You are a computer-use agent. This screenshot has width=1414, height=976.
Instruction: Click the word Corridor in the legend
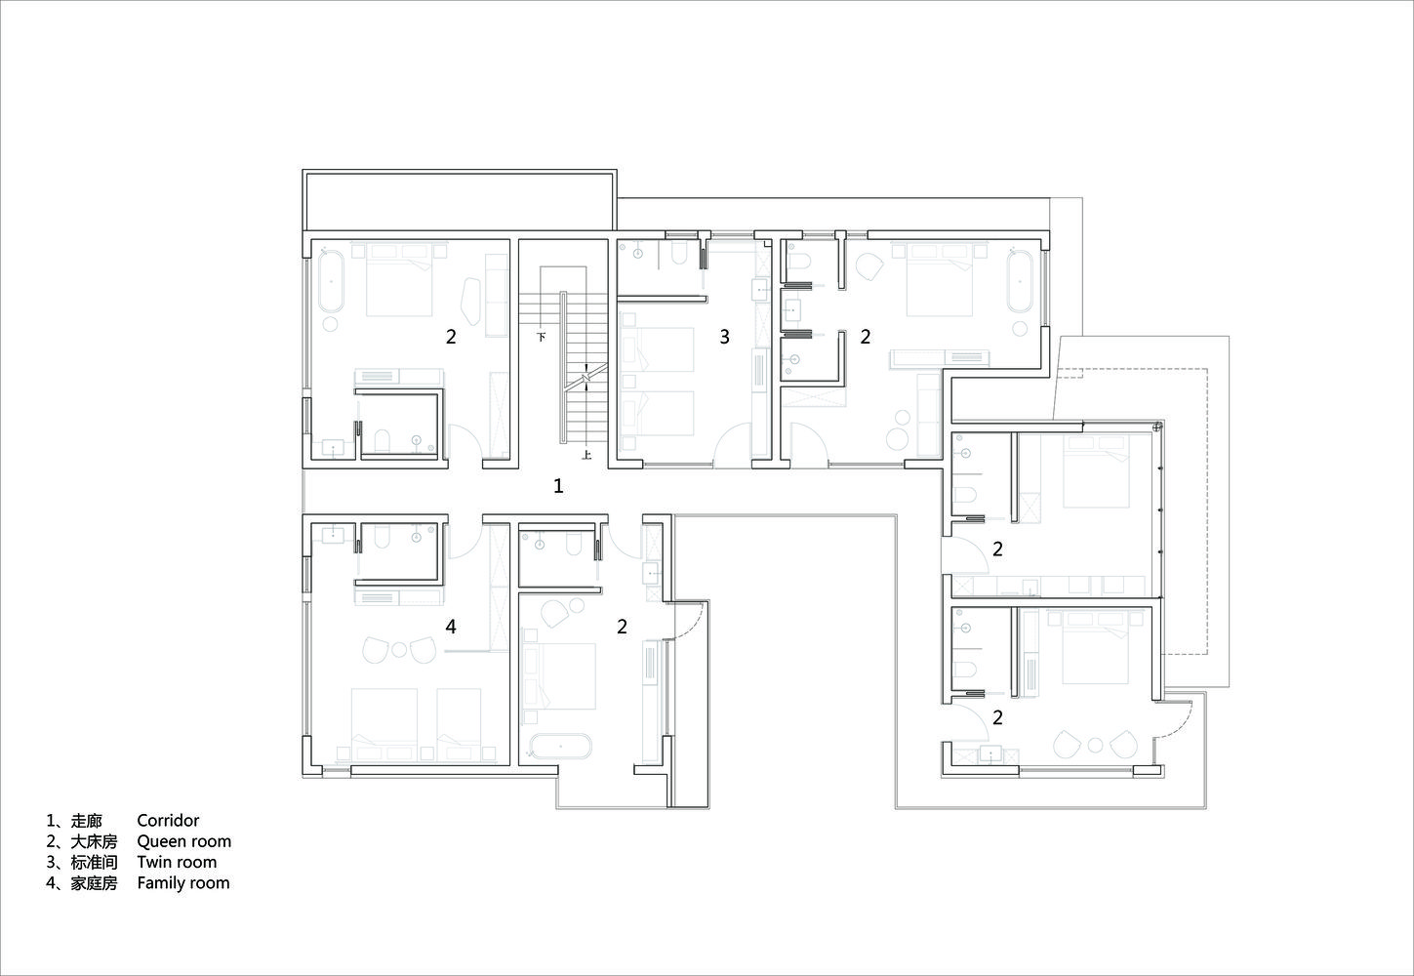click(168, 821)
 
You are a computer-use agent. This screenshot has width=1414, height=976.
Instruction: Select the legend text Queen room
click(183, 841)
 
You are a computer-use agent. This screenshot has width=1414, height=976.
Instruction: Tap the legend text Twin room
click(177, 863)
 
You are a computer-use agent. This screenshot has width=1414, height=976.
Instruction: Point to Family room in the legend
click(183, 883)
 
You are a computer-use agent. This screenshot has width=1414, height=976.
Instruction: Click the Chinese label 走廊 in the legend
click(87, 821)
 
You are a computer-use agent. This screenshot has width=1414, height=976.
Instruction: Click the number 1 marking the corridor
click(558, 486)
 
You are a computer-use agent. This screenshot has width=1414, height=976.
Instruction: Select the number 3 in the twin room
click(725, 337)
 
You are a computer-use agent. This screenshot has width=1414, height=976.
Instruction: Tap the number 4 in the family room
click(451, 627)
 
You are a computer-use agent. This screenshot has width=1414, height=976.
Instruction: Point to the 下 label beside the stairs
click(541, 337)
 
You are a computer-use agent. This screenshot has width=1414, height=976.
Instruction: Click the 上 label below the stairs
click(586, 455)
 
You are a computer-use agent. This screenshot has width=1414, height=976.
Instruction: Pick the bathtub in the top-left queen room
click(331, 281)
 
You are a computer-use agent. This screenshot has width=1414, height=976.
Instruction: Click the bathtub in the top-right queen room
click(1020, 281)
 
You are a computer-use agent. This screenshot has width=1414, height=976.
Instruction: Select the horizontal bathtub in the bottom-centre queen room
click(560, 746)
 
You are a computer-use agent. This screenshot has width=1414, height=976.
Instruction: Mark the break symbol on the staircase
click(586, 376)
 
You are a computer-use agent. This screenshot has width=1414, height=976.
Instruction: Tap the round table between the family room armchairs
click(399, 649)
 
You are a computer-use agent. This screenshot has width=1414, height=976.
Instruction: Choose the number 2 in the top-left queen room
click(451, 337)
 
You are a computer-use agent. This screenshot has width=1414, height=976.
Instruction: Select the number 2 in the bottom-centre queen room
click(622, 627)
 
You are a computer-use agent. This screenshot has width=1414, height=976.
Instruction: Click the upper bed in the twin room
click(658, 349)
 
